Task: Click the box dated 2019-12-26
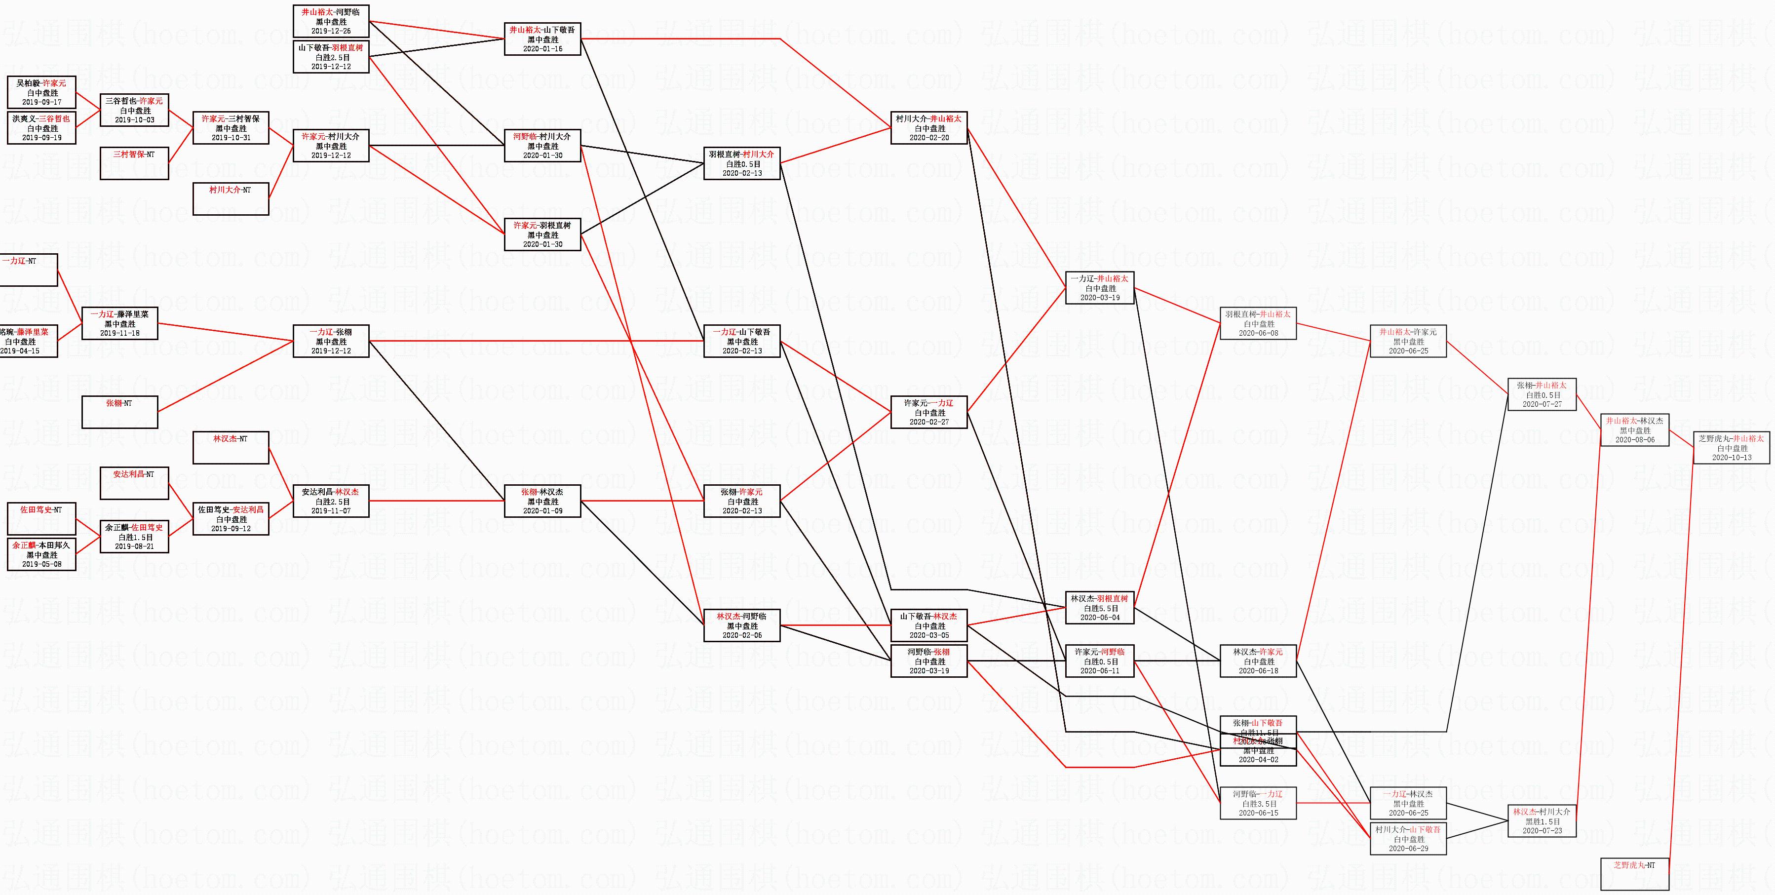point(331,21)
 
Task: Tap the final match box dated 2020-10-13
point(1731,448)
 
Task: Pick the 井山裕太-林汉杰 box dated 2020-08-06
point(1634,430)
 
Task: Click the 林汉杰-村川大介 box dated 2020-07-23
point(1542,820)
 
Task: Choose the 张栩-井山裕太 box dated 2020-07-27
point(1542,394)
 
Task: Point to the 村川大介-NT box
point(230,198)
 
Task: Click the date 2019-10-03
point(134,120)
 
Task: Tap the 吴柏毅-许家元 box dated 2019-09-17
point(41,92)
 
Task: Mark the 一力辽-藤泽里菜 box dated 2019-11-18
point(120,323)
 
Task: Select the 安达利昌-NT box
point(134,483)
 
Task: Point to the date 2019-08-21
point(134,546)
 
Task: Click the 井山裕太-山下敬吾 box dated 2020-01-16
point(542,39)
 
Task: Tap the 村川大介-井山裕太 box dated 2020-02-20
point(929,128)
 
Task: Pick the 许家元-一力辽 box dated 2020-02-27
point(929,412)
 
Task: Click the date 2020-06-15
point(1258,813)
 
